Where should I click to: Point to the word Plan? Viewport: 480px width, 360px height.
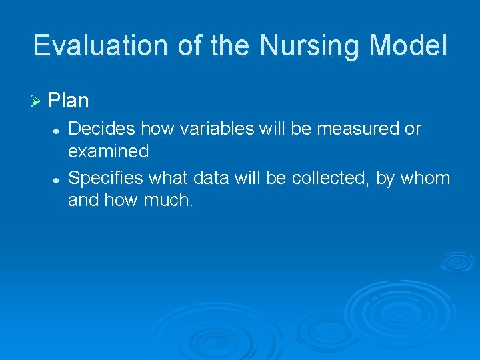pyautogui.click(x=69, y=101)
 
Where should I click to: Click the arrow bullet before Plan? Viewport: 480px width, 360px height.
pyautogui.click(x=37, y=101)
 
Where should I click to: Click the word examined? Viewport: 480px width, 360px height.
pyautogui.click(x=109, y=152)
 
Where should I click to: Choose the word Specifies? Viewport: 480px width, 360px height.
pyautogui.click(x=105, y=178)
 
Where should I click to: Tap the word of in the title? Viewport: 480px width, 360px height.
pyautogui.click(x=190, y=46)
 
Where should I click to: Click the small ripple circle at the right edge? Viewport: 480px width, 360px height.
pyautogui.click(x=457, y=261)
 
